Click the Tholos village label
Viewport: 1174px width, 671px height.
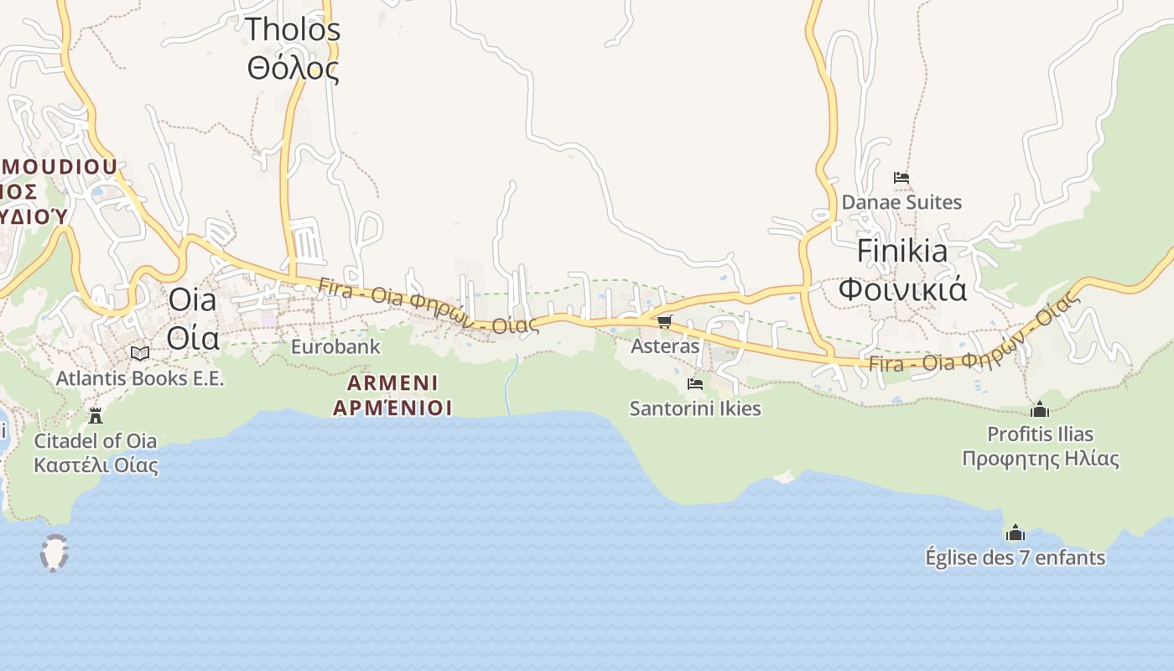tap(293, 29)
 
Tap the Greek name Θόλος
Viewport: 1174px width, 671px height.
tap(293, 68)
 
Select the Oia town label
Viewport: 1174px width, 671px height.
tap(192, 299)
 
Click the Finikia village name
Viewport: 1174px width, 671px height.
tap(902, 251)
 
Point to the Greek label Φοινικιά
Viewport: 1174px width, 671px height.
tap(902, 289)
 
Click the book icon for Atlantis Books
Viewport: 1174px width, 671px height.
tap(140, 353)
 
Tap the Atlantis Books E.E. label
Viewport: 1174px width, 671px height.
tap(140, 378)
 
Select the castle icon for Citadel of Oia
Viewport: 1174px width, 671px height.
tap(96, 415)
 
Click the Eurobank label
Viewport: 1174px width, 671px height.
tap(335, 346)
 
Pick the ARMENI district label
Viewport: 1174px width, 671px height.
tap(392, 383)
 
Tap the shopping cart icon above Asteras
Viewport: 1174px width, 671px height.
tap(665, 321)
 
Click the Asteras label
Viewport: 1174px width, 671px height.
tap(665, 346)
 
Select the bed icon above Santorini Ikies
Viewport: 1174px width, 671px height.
tap(695, 384)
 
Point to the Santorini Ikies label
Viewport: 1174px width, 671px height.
tap(695, 408)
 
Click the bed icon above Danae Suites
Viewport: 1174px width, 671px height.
tap(901, 178)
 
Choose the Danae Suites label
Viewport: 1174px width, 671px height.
tap(901, 202)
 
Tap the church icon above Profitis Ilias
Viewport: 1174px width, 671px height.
tap(1040, 409)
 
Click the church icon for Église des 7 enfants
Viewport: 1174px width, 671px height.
tap(1016, 533)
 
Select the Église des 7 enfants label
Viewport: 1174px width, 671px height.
tap(1016, 558)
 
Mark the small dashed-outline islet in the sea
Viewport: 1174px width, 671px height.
tap(55, 553)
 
